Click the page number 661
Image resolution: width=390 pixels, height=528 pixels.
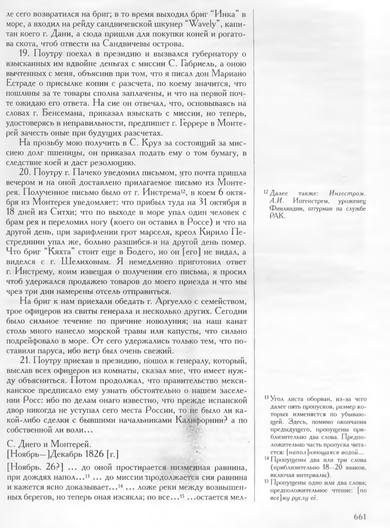click(x=360, y=517)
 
